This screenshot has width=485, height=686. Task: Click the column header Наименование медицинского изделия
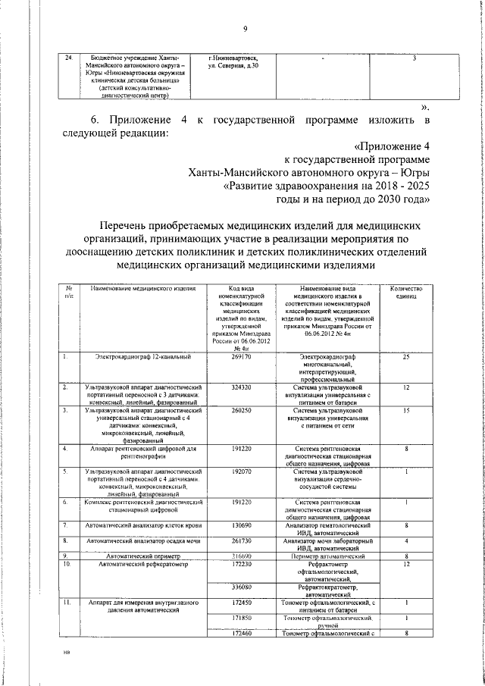pyautogui.click(x=142, y=289)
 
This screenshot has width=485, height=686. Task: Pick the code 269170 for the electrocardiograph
pyautogui.click(x=242, y=356)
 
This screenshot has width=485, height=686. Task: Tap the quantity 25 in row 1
pyautogui.click(x=407, y=356)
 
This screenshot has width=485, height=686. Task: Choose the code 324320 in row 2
pyautogui.click(x=242, y=387)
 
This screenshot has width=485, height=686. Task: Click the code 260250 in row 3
pyautogui.click(x=242, y=410)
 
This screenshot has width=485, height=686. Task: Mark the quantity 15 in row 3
pyautogui.click(x=407, y=410)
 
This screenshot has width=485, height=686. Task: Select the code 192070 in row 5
pyautogui.click(x=242, y=471)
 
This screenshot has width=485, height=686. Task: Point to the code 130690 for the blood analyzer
pyautogui.click(x=242, y=525)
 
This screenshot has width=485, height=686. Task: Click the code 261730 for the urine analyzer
pyautogui.click(x=242, y=540)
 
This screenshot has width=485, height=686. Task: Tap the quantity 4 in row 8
pyautogui.click(x=407, y=540)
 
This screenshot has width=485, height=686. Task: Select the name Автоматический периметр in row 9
pyautogui.click(x=142, y=556)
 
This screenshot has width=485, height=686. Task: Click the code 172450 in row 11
pyautogui.click(x=242, y=602)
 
